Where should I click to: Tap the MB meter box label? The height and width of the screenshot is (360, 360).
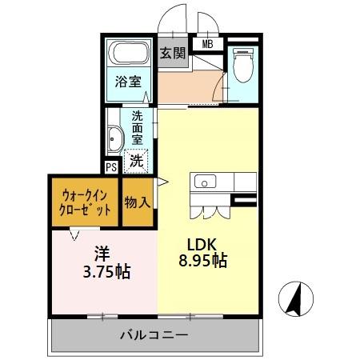click(x=207, y=44)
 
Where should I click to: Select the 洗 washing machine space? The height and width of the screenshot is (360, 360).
click(x=138, y=160)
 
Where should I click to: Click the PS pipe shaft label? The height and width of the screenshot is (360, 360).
click(x=111, y=167)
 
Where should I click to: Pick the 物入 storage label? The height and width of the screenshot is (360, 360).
click(x=137, y=202)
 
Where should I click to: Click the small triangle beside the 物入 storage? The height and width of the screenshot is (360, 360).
click(x=162, y=185)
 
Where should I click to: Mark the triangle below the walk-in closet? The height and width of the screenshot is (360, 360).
click(x=74, y=234)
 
